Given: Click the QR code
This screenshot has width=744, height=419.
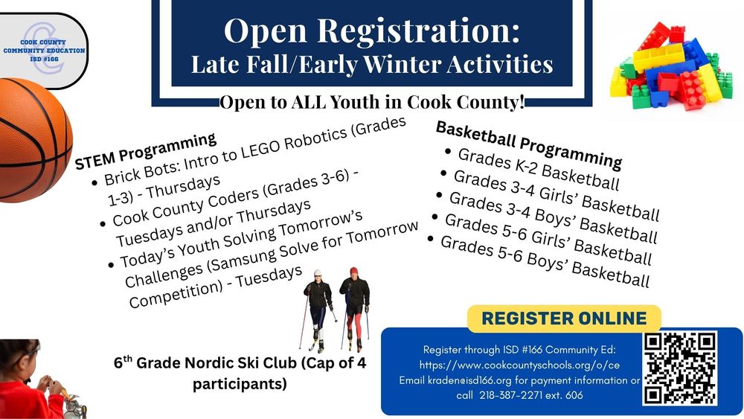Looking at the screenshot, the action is point(679,368).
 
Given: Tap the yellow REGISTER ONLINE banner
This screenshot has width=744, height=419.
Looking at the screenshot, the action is point(564,319).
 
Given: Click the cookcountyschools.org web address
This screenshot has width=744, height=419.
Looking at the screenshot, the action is point(519,365).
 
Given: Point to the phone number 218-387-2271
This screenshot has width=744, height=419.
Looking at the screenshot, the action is point(510,395).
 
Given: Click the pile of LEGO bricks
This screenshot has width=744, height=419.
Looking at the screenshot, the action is point(671,66).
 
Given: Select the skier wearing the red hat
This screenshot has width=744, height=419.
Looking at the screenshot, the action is point(354,308).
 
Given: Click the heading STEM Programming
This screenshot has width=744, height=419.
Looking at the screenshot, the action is point(146,151).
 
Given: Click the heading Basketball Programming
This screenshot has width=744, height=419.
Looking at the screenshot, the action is point(528,144).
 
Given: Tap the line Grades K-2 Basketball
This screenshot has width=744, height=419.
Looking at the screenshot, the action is point(539,169).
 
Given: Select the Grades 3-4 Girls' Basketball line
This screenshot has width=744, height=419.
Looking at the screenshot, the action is point(556,195).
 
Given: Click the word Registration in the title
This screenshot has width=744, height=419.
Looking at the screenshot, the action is point(418,31).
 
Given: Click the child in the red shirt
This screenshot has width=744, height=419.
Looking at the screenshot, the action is point(28,380).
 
